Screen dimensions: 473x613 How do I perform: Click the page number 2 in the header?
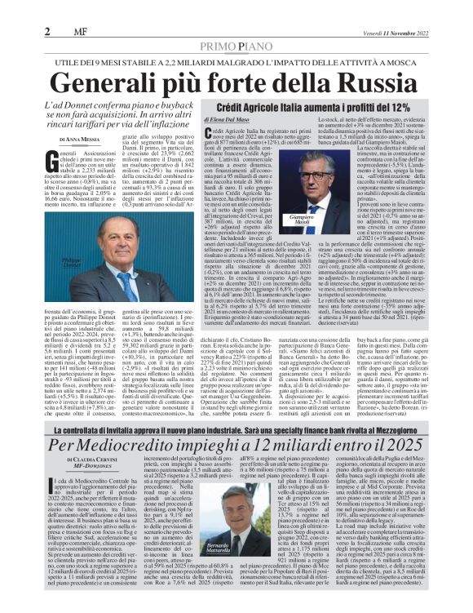point(47,31)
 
